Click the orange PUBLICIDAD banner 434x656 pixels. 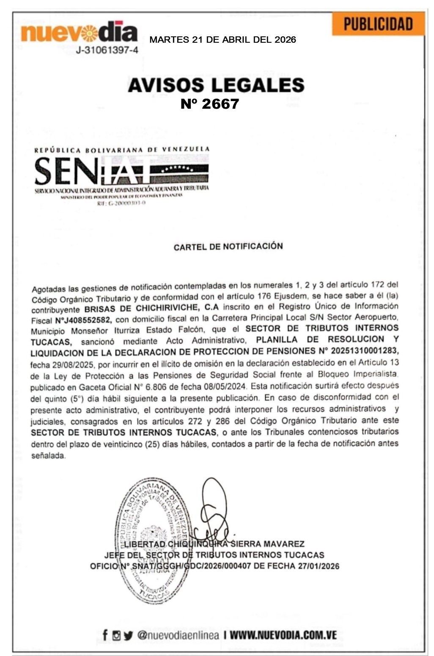click(378, 24)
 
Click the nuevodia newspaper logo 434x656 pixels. click(79, 32)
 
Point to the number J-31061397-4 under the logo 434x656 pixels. click(107, 50)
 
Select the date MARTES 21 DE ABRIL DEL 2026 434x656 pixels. click(222, 40)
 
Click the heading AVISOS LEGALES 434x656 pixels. click(216, 85)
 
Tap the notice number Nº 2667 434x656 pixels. click(210, 104)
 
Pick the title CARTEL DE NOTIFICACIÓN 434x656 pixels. click(228, 246)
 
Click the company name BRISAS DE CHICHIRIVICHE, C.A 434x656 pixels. click(151, 307)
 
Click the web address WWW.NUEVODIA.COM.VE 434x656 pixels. click(283, 635)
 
